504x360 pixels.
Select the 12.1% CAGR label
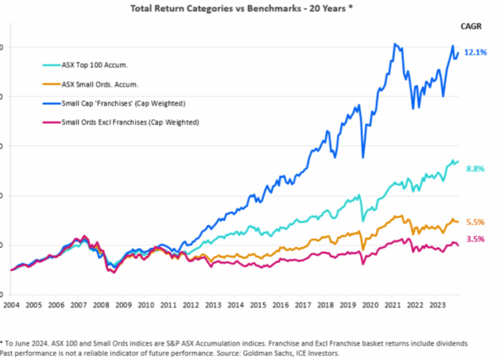[475, 52]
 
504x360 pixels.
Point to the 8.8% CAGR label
[475, 169]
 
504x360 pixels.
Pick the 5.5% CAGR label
[475, 222]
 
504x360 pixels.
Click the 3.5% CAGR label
[475, 238]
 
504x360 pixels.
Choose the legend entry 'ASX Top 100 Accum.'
[94, 65]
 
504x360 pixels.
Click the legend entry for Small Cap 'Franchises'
[123, 103]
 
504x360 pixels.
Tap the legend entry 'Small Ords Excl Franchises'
[130, 122]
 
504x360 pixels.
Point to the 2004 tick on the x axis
[11, 304]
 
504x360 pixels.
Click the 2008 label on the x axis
[101, 304]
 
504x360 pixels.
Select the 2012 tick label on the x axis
[191, 304]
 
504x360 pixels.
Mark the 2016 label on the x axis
[280, 304]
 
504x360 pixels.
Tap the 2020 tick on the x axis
[370, 304]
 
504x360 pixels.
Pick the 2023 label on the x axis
[437, 304]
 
